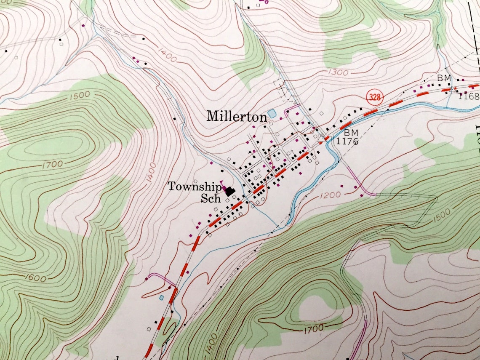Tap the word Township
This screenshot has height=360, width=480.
(195, 187)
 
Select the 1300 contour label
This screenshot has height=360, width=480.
(338, 72)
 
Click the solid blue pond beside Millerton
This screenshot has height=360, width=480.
(272, 114)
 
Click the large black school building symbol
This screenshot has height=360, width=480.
(230, 192)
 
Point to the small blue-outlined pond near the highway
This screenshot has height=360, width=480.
(161, 298)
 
